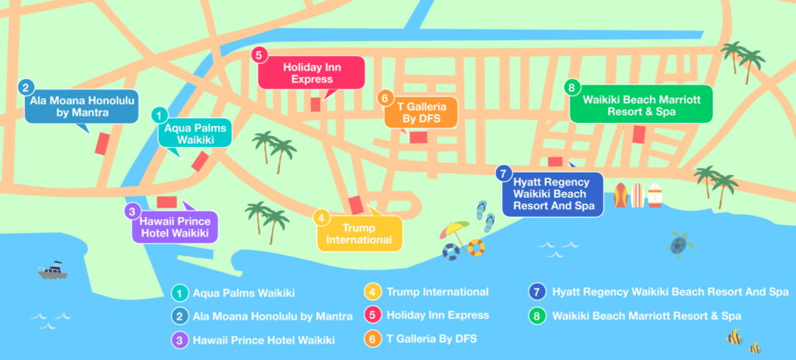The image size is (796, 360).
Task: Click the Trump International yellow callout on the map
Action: (358, 233)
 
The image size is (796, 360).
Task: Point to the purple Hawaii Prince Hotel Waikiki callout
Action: (175, 226)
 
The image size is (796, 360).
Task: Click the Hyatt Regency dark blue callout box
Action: (553, 194)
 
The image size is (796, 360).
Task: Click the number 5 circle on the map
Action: (260, 54)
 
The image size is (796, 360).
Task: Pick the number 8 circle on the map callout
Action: (571, 87)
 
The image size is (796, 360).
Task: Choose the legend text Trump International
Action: (438, 292)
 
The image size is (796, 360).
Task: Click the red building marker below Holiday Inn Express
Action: (316, 104)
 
